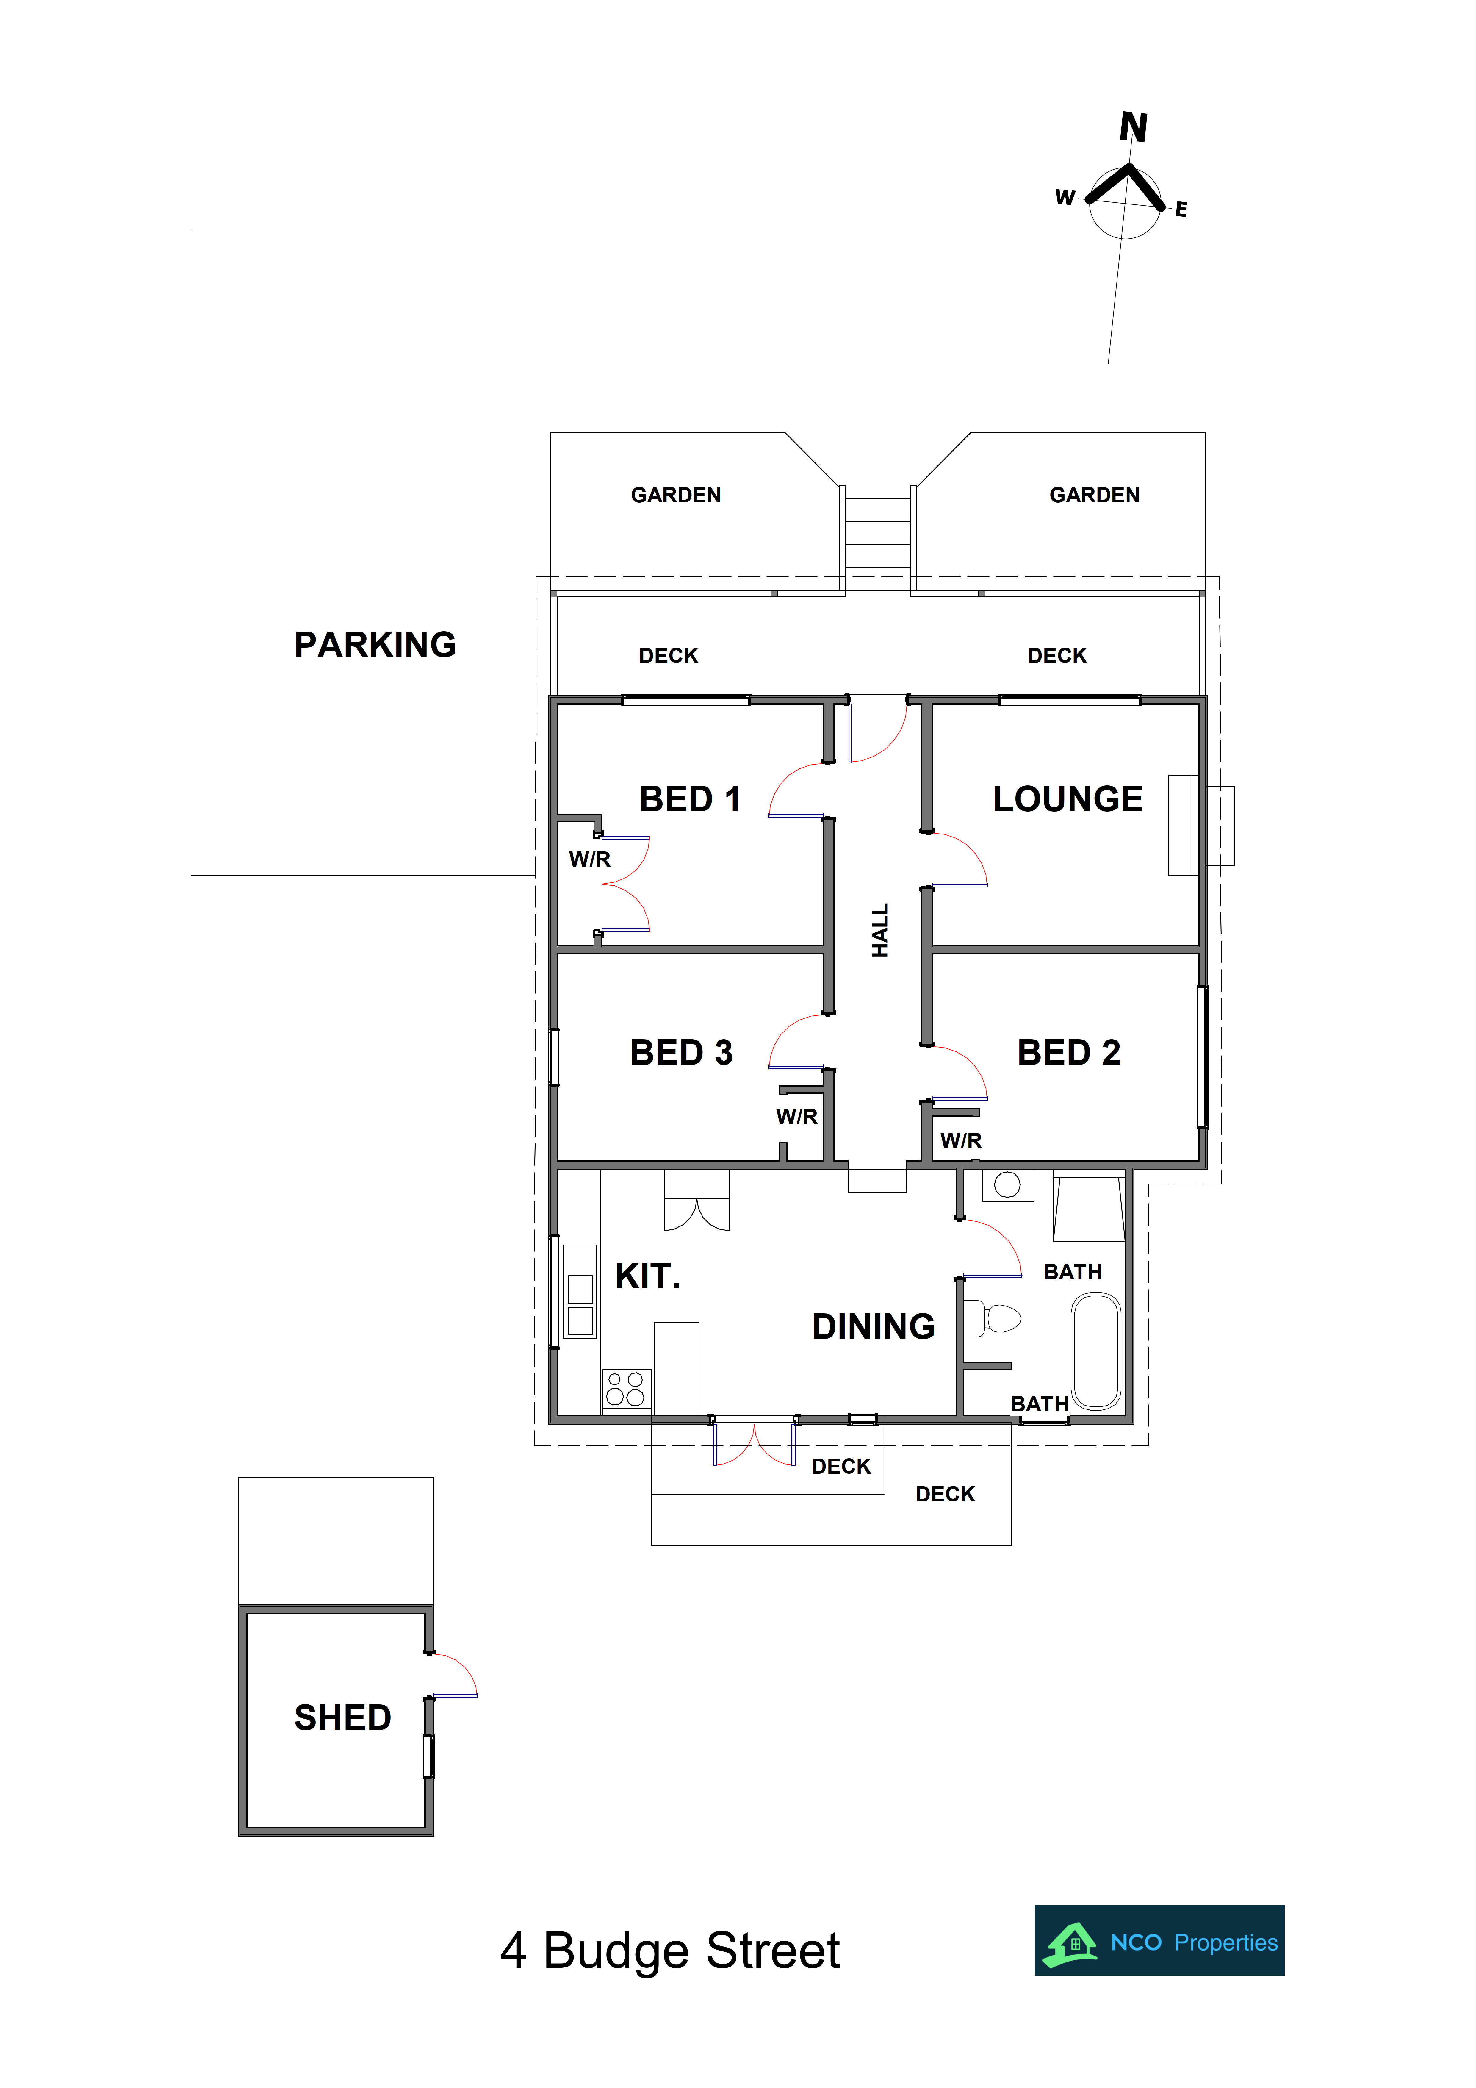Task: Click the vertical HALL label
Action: (879, 929)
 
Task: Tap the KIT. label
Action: (647, 1276)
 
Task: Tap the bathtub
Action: (1096, 1351)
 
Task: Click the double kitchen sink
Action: (580, 1291)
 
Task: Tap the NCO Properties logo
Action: (1159, 1940)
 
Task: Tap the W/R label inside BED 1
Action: (589, 859)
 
